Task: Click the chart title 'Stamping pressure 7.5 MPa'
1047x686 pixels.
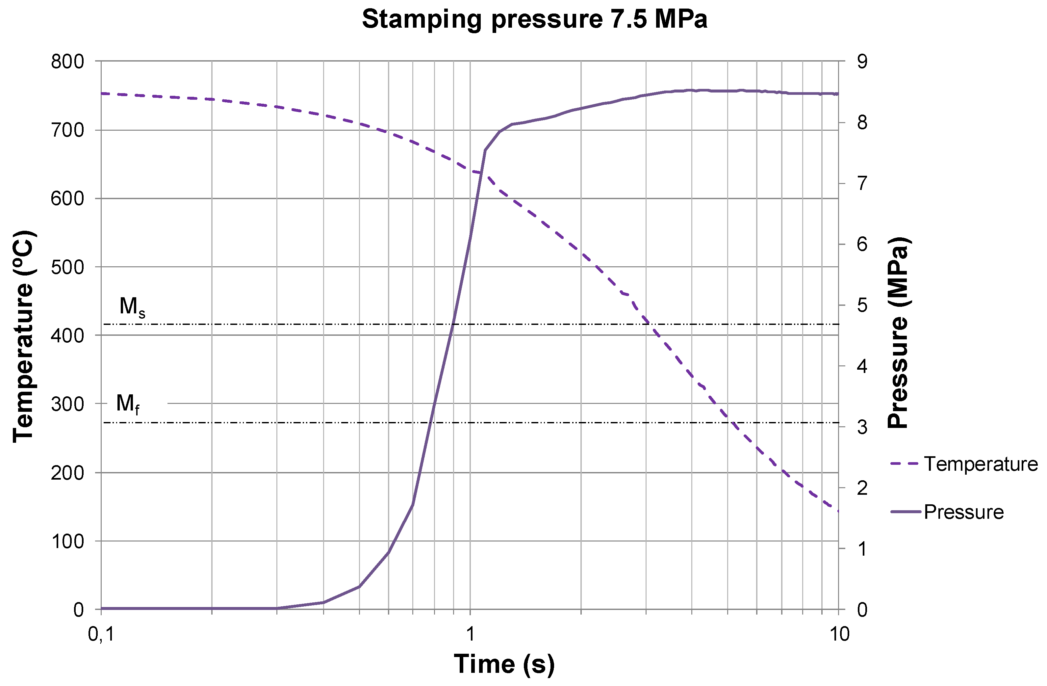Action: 534,20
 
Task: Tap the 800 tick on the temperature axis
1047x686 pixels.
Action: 67,62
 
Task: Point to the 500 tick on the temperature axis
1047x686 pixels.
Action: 67,268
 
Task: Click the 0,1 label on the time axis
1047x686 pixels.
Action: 101,634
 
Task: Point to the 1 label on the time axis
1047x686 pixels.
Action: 470,634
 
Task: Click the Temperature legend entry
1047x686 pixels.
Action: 963,464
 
